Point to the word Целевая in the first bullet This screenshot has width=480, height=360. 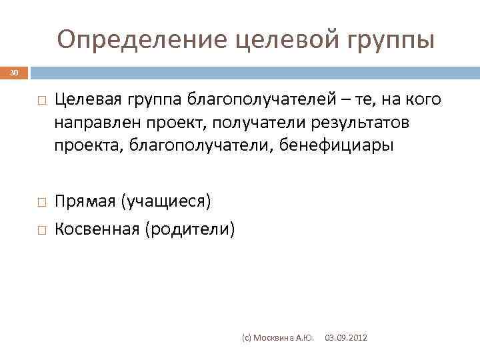pos(87,100)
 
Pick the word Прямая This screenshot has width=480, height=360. pos(85,201)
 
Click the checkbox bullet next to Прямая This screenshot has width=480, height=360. pos(41,201)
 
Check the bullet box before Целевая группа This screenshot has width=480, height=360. pos(41,101)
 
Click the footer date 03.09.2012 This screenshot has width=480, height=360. pos(345,339)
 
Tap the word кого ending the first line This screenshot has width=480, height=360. pos(421,100)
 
